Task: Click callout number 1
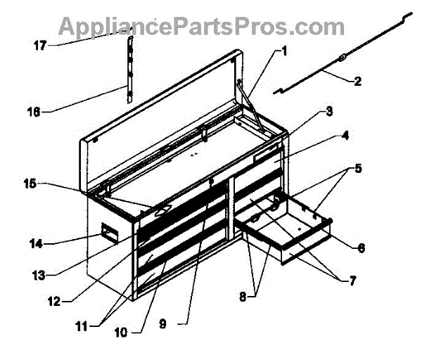coord(284,51)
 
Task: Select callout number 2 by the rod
coord(357,82)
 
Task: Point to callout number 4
coord(345,136)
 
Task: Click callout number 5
coord(359,169)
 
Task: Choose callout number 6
coord(360,248)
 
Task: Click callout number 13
coord(41,273)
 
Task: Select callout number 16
coord(33,110)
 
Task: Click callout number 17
coord(40,46)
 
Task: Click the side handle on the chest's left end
coord(108,233)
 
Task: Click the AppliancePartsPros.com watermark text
coord(200,26)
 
